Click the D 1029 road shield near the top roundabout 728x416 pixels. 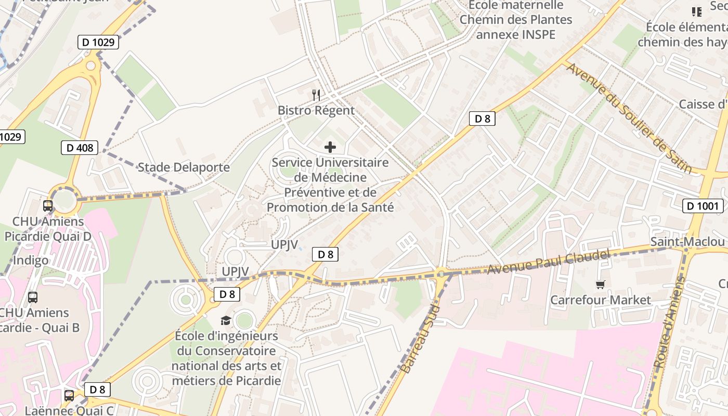tap(98, 42)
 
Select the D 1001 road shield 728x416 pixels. tap(702, 206)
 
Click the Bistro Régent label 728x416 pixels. tap(316, 110)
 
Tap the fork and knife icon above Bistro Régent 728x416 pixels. tap(316, 95)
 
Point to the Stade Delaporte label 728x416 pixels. tap(184, 167)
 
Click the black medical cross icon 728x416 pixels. tap(330, 147)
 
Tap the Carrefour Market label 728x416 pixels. tap(600, 300)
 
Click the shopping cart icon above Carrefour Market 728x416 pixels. tap(601, 284)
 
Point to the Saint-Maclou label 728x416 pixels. tap(687, 242)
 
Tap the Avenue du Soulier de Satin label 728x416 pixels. tap(629, 118)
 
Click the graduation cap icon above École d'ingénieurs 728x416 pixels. tap(226, 320)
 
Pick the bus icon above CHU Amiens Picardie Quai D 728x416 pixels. tap(48, 205)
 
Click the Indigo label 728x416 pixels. tap(31, 260)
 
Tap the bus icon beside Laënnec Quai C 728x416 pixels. tap(69, 395)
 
